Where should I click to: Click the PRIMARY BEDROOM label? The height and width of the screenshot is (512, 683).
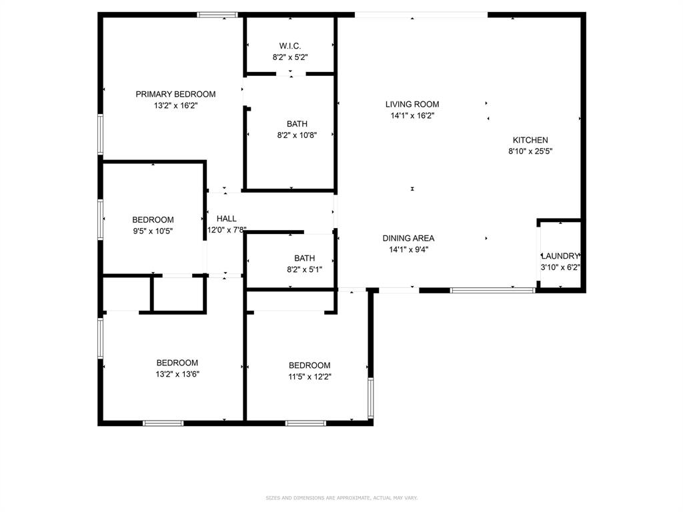175,94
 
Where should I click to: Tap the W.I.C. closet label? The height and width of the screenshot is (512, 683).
290,46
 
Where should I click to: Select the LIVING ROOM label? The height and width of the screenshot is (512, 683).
412,104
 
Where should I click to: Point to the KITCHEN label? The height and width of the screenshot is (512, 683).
530,140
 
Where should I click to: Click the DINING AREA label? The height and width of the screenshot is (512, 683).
408,238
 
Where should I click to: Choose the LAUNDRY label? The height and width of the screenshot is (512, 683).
560,256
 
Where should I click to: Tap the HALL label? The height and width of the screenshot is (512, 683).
227,219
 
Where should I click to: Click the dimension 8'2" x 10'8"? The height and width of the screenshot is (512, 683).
297,135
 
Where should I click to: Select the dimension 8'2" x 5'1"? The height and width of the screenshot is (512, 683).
304,269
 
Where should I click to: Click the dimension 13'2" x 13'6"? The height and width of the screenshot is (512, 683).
177,374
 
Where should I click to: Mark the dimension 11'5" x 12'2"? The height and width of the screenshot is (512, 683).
309,377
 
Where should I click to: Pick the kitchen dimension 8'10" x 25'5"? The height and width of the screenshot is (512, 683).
530,151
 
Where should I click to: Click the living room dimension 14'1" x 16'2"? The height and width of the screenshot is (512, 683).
412,115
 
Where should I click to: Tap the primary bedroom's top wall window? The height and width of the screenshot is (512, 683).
217,15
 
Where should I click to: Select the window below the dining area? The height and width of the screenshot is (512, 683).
492,290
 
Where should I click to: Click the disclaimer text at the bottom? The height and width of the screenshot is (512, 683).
341,498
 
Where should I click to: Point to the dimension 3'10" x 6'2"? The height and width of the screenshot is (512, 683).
560,267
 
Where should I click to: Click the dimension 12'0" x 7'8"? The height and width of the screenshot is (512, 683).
227,230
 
